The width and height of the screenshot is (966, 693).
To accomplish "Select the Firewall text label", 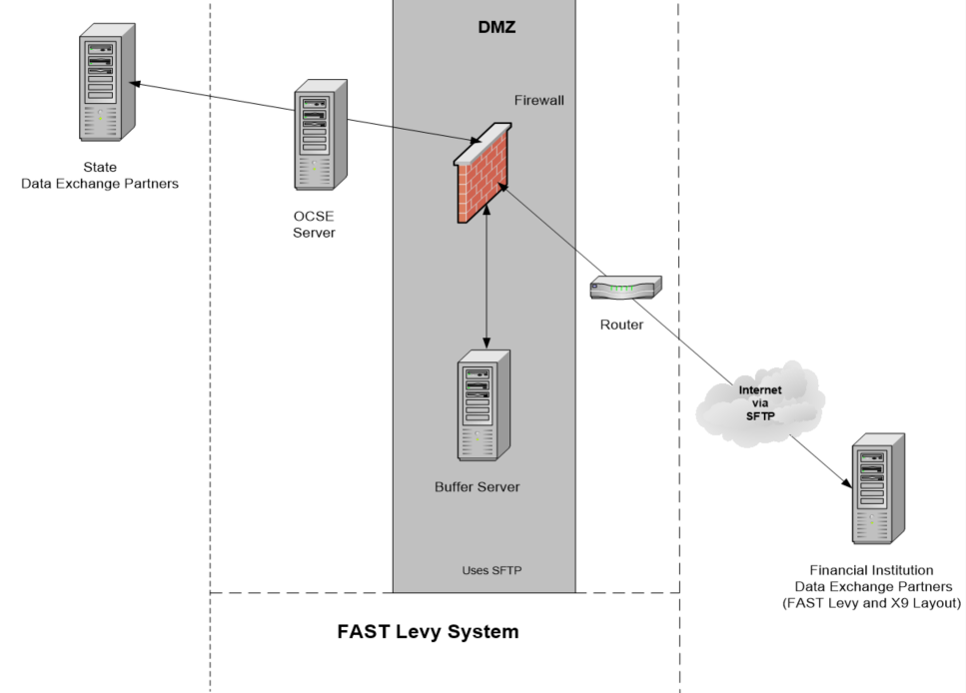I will (x=539, y=100).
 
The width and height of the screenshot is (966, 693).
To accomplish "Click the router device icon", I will (x=624, y=287).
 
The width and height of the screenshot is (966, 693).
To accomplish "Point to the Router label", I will (x=621, y=325).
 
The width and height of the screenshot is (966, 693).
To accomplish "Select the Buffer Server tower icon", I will (x=483, y=407).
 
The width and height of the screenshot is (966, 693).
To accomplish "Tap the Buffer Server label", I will (x=478, y=487).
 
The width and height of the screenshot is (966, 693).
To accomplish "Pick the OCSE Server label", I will (x=315, y=225).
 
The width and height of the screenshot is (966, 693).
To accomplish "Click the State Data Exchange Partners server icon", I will (x=107, y=89).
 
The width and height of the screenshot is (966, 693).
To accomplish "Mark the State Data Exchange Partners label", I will (x=100, y=175).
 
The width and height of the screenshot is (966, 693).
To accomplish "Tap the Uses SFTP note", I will (x=491, y=570).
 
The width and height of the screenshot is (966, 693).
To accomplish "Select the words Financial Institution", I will (x=872, y=569).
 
